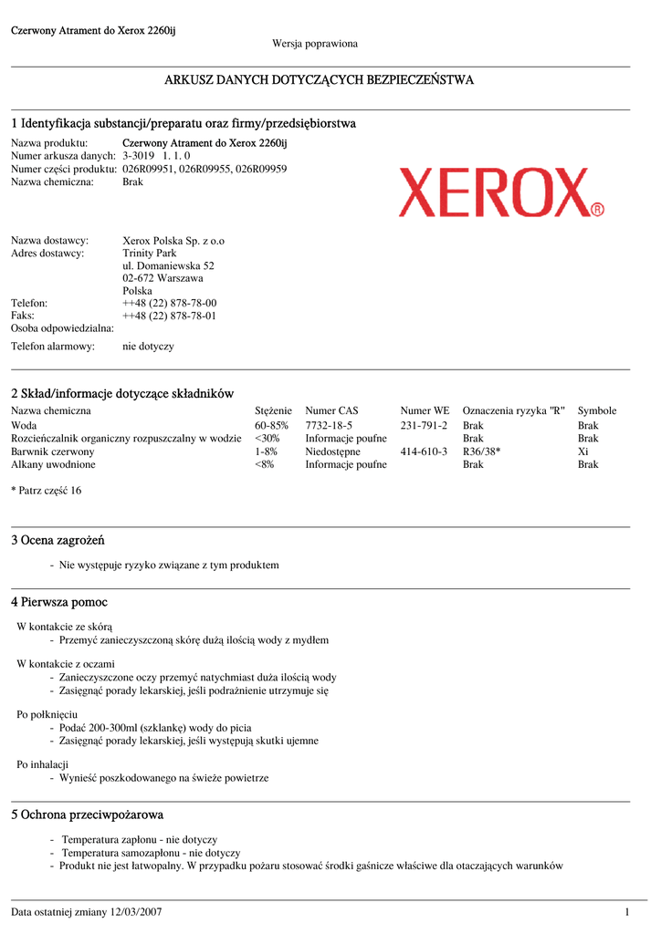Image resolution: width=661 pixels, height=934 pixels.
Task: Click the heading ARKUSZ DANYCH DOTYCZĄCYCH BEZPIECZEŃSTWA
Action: tap(319, 80)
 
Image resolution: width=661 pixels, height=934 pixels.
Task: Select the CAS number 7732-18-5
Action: tap(329, 426)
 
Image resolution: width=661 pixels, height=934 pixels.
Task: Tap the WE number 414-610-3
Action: tap(424, 451)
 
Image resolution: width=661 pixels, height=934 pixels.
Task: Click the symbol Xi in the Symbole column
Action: tap(583, 451)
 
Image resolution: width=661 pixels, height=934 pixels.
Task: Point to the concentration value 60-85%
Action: tap(271, 426)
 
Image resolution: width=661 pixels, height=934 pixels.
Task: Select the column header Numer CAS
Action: tap(331, 411)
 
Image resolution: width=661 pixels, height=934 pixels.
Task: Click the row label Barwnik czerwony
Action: tap(52, 451)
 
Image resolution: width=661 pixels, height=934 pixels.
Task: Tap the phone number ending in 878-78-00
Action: tap(169, 303)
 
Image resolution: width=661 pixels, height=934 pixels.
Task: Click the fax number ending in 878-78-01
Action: tap(169, 316)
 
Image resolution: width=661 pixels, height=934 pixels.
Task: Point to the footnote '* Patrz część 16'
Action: tap(46, 491)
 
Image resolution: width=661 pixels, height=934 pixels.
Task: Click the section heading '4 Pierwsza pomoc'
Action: tap(59, 603)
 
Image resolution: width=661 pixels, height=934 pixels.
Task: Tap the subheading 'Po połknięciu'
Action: tap(47, 714)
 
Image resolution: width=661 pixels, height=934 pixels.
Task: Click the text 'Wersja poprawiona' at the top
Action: tap(315, 44)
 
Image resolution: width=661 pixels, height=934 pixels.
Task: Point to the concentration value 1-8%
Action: tap(266, 451)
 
